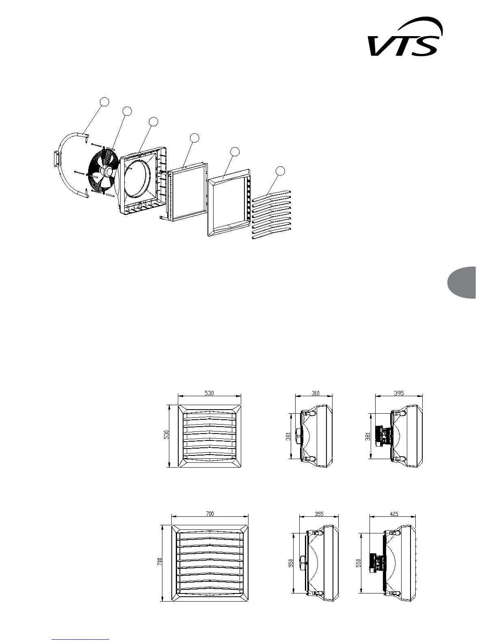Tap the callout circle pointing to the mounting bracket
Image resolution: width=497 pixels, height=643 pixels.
pos(104,102)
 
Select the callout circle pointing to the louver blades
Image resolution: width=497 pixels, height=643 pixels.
pos(280,172)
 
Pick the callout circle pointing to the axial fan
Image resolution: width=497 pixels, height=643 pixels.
pos(127,111)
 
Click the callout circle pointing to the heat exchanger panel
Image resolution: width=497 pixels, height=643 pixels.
pos(195,138)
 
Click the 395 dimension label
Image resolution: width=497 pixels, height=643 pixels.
pos(399,393)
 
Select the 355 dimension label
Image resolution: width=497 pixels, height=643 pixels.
pos(319,514)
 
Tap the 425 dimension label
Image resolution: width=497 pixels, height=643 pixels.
pos(393,514)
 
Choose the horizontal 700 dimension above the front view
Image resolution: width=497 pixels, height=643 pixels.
pos(210,514)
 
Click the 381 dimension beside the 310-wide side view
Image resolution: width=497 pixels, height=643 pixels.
pos(288,436)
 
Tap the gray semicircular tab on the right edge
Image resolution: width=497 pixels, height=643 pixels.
pos(463,282)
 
